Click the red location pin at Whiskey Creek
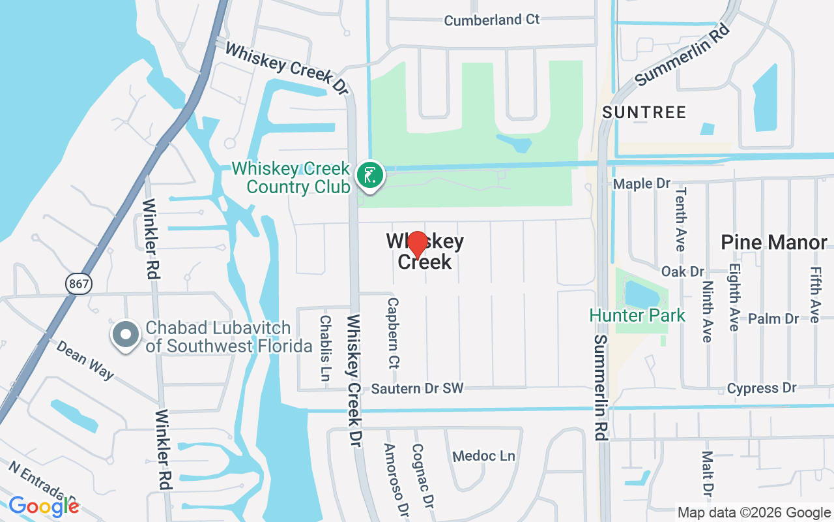tap(416, 243)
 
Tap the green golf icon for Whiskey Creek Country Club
tap(370, 176)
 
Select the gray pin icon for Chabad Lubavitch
tap(126, 334)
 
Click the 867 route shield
tap(79, 283)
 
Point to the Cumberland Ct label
tap(492, 20)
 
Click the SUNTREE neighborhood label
tap(644, 112)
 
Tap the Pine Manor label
tap(773, 243)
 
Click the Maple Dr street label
tap(642, 183)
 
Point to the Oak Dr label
tap(683, 271)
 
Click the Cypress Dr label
tap(762, 388)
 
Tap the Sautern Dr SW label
tap(417, 388)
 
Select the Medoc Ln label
tap(483, 455)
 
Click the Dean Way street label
tap(85, 360)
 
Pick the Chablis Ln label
tap(325, 348)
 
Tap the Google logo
tap(44, 506)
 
